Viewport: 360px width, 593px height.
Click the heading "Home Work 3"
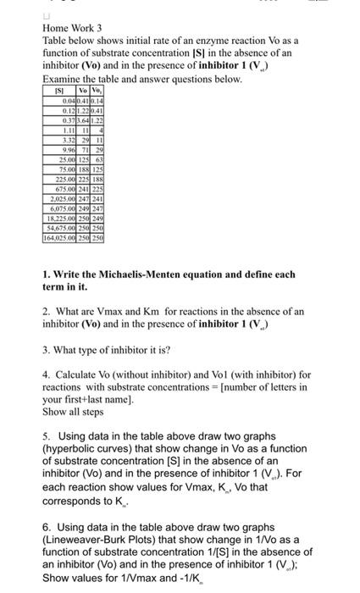click(x=73, y=27)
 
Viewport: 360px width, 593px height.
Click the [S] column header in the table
click(x=59, y=89)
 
